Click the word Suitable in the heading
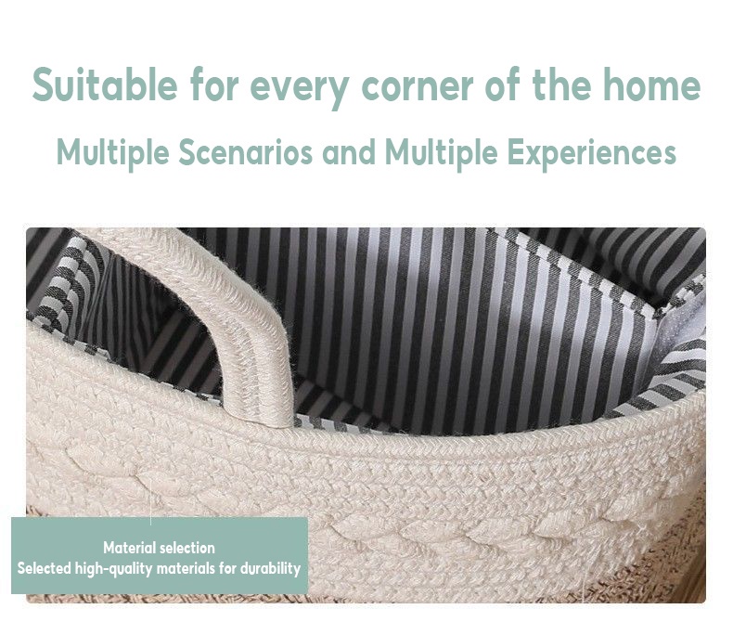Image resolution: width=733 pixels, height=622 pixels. click(105, 84)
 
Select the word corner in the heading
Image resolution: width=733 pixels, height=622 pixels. click(418, 85)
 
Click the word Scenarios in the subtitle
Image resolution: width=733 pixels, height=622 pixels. click(246, 152)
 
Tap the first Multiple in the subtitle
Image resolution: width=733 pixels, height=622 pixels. click(112, 153)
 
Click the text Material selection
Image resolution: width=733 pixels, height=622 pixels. click(159, 548)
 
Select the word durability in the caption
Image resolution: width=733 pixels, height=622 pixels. click(270, 569)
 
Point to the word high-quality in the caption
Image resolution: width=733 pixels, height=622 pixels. click(114, 570)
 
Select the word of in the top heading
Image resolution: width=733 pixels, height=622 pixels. click(503, 84)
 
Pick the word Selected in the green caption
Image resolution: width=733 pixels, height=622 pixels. click(45, 569)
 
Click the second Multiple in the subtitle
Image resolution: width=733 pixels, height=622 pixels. click(441, 153)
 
